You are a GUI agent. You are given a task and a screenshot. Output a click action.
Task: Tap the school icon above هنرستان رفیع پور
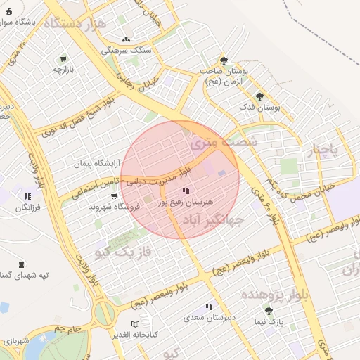pos(185,191)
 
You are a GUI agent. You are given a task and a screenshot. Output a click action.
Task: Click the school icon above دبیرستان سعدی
pos(208,307)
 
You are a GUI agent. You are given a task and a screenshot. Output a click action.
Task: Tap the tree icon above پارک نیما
pos(268,310)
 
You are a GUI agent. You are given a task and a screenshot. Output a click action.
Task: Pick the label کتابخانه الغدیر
pos(135,333)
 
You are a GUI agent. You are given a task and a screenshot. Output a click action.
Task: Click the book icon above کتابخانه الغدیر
pos(136,323)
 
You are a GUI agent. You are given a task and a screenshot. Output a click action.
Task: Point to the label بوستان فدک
pos(259,108)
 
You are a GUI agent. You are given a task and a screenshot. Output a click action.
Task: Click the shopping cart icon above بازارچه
pos(64,59)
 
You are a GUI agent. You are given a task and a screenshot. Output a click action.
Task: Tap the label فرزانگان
pos(27,207)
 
